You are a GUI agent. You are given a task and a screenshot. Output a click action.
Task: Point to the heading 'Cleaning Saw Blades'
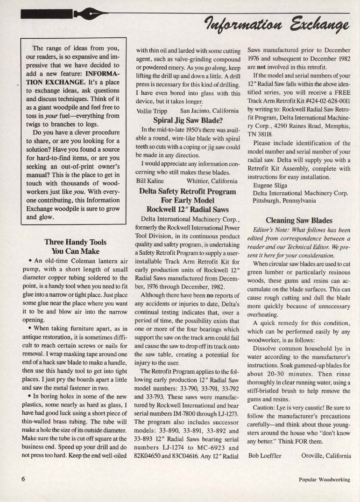(x=299, y=220)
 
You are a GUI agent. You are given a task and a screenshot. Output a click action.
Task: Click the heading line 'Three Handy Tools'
(x=75, y=242)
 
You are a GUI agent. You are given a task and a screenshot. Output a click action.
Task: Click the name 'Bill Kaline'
(x=151, y=181)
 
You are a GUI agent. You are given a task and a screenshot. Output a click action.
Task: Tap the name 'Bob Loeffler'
(x=265, y=455)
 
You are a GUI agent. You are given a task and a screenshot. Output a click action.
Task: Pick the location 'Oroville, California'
(x=325, y=455)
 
